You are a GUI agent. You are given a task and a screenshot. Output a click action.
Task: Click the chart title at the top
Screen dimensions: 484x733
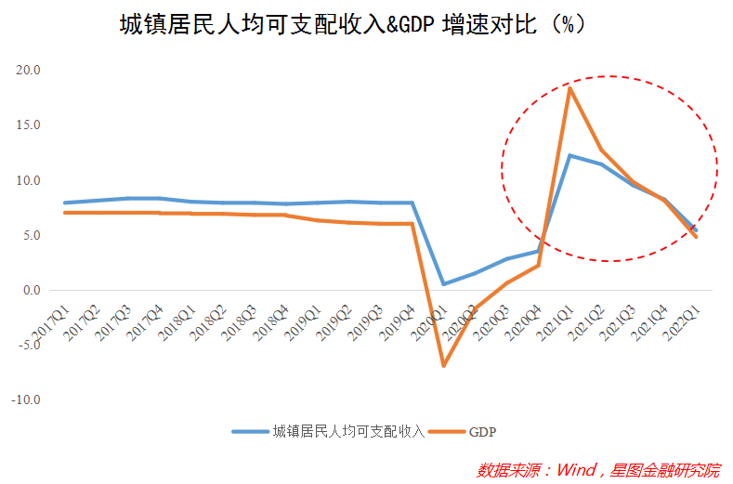click(x=352, y=24)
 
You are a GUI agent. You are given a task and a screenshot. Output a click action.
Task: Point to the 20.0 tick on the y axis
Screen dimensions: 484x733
click(x=28, y=70)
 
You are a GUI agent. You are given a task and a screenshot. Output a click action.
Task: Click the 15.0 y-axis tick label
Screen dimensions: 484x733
click(x=28, y=124)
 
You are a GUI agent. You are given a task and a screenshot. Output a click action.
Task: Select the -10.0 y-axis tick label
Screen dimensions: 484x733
click(x=25, y=400)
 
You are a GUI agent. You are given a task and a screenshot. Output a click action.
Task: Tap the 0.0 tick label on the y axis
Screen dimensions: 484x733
click(x=31, y=290)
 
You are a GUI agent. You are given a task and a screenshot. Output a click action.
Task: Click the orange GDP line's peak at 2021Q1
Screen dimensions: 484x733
click(x=569, y=87)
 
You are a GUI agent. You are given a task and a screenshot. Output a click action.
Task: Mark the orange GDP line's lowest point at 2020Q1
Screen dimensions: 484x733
click(x=443, y=365)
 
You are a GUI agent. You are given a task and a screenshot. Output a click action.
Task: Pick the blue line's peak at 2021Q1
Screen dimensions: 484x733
click(x=569, y=155)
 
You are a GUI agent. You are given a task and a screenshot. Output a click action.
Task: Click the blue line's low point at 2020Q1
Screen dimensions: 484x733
click(x=443, y=284)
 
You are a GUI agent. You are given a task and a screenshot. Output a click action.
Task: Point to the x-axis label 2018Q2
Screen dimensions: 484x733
click(x=208, y=319)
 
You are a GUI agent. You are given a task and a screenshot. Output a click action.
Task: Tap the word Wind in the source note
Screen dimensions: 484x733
click(x=575, y=468)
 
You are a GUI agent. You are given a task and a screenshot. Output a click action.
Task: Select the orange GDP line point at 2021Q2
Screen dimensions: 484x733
click(x=601, y=150)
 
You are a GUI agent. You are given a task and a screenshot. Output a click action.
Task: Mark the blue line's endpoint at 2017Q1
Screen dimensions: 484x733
click(x=64, y=203)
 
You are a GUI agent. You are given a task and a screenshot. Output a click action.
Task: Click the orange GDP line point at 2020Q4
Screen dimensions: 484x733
click(x=538, y=266)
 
